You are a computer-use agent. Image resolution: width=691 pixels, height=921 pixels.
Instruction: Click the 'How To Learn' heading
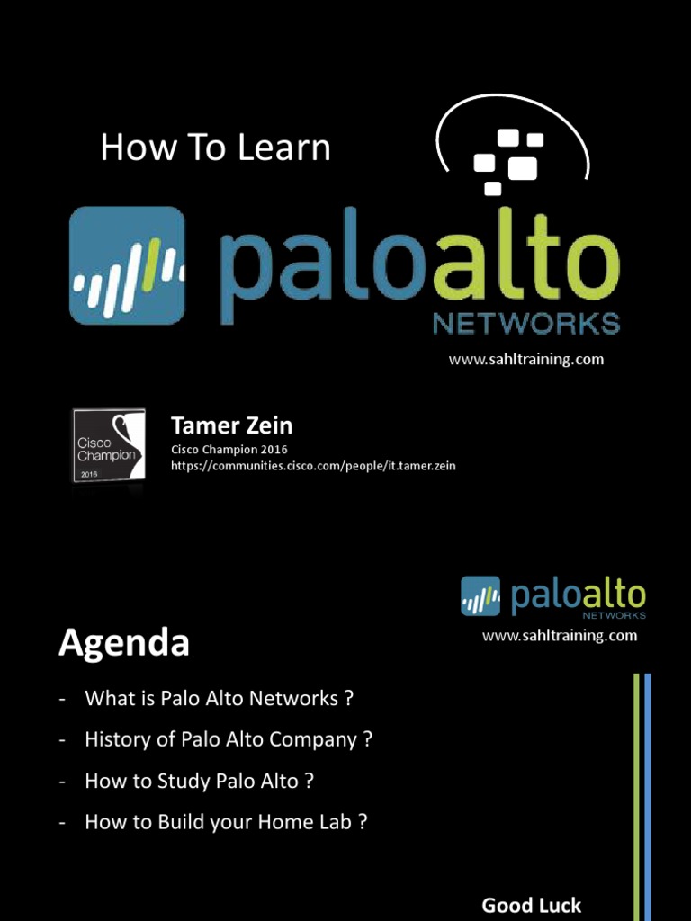(x=215, y=148)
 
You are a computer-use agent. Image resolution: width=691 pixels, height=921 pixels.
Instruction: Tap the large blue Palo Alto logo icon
(x=127, y=265)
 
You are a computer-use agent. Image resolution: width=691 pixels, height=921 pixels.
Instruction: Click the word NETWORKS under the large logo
(x=526, y=323)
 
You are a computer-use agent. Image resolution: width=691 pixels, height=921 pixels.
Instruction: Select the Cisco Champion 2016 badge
(x=109, y=446)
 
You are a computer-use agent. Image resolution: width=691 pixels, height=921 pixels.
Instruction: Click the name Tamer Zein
(x=231, y=425)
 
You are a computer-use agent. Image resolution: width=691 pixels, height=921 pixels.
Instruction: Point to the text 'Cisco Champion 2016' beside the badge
(x=229, y=449)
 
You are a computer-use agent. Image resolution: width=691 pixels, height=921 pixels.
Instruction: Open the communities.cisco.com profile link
(x=313, y=465)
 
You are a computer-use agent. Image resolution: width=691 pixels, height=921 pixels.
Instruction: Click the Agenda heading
(x=124, y=643)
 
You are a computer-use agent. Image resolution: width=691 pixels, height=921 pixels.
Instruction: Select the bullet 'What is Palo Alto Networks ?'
(x=219, y=698)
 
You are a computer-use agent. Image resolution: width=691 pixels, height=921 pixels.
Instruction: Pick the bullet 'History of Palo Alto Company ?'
(x=229, y=739)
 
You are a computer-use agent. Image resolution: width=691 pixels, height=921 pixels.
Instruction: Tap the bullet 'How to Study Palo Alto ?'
(x=199, y=781)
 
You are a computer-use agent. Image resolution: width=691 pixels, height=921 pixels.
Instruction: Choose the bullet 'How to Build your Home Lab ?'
(x=226, y=822)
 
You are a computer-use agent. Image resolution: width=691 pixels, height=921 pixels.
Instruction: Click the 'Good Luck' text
(x=532, y=905)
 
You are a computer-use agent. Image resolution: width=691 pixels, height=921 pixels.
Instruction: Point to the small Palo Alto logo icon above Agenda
(x=480, y=596)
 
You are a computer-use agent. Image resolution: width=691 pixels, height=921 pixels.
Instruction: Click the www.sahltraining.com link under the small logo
(x=560, y=636)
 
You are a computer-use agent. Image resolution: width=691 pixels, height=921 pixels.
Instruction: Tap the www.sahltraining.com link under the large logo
(x=526, y=360)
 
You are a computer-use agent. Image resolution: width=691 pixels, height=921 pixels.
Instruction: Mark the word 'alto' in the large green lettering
(x=525, y=265)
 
